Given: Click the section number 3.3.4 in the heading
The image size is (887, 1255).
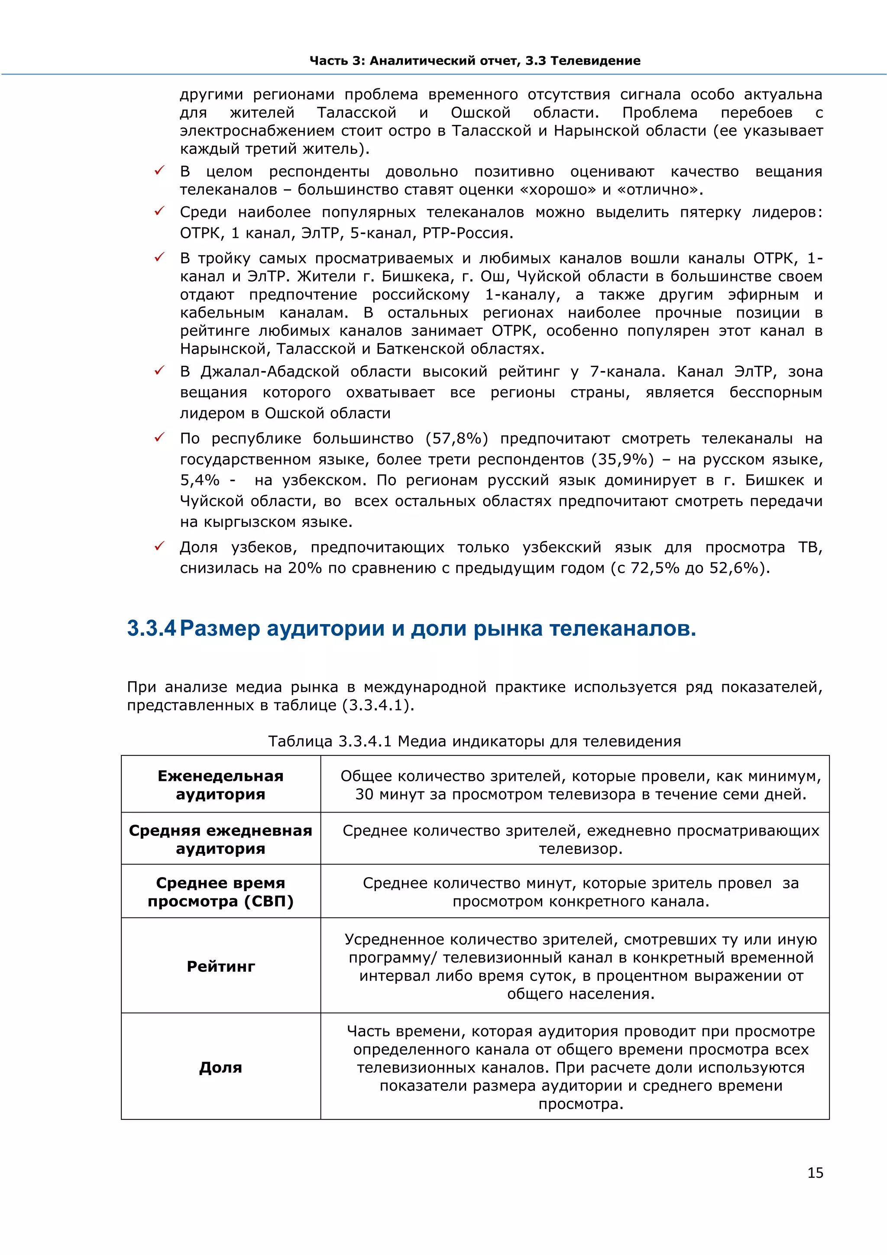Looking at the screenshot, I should [151, 629].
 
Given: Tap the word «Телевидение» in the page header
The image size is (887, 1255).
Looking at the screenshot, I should [596, 61].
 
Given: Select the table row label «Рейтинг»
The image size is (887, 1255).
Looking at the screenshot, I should [220, 966].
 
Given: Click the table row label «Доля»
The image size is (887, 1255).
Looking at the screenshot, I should [220, 1067].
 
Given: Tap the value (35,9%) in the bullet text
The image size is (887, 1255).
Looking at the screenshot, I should [623, 459].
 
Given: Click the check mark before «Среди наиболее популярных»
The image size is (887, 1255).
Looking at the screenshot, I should [159, 211].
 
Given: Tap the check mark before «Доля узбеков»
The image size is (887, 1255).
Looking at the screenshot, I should [159, 546].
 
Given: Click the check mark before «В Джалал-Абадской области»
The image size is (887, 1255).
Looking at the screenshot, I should [159, 371].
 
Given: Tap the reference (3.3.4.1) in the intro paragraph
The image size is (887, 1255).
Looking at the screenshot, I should [378, 705].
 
